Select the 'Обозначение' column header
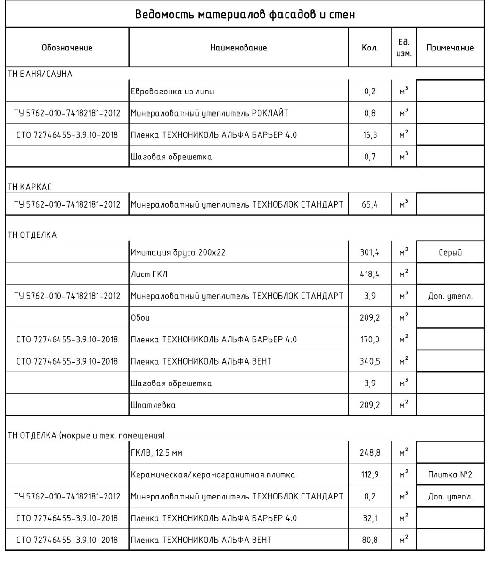tap(67, 48)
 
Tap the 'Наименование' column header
tap(238, 48)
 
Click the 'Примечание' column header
tap(450, 48)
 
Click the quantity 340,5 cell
tap(369, 362)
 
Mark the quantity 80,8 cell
tap(369, 540)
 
